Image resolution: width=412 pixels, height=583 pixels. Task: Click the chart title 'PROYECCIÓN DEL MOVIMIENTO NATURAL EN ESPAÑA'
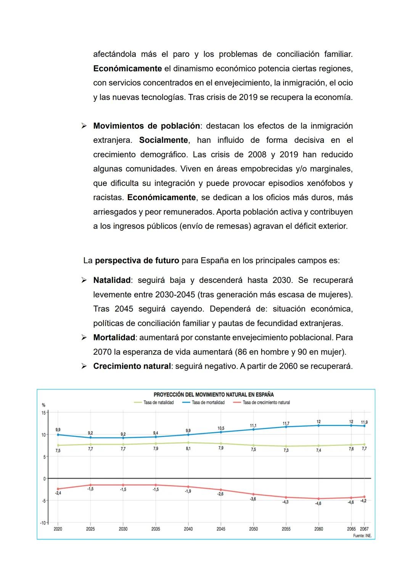[213, 394]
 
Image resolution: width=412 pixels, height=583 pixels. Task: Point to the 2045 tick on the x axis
[221, 529]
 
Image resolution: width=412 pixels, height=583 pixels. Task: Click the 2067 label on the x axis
[364, 529]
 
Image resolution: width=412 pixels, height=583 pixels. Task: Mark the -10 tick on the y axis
[43, 523]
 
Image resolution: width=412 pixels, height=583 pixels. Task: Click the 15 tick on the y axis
[43, 413]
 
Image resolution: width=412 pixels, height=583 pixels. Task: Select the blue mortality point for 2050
[253, 430]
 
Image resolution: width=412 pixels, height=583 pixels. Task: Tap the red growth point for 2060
[319, 499]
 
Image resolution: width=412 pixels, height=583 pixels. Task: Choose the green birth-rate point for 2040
[188, 443]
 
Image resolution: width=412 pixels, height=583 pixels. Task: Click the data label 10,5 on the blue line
[221, 428]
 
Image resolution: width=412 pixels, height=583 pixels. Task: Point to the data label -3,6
[253, 499]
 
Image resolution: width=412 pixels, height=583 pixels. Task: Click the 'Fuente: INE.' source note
[362, 536]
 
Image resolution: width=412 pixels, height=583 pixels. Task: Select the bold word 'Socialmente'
[163, 140]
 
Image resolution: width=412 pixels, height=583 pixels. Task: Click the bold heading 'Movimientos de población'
[146, 126]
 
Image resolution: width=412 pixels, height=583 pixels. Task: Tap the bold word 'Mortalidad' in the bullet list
[114, 338]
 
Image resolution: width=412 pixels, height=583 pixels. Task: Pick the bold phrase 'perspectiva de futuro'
[137, 260]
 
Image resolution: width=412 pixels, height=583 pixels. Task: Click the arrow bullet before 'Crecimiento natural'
[84, 366]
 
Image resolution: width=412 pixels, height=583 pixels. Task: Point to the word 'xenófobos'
[325, 183]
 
